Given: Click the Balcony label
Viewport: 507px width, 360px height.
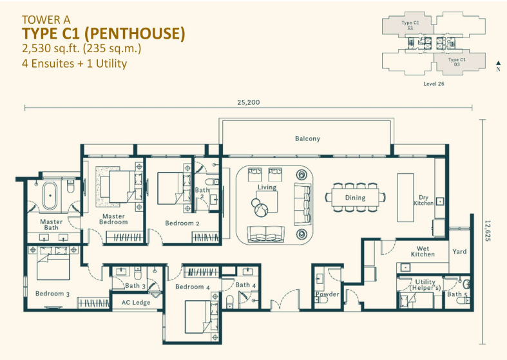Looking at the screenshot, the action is tap(307, 138).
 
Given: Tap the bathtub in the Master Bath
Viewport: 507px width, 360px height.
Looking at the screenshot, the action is tap(50, 196).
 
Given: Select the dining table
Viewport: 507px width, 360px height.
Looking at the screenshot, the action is tap(355, 198).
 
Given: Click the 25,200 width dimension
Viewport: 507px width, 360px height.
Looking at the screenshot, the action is tap(248, 102).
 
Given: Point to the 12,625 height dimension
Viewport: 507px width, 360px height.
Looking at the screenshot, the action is tap(488, 231).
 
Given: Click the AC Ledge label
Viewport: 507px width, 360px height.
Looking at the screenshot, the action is tap(136, 303).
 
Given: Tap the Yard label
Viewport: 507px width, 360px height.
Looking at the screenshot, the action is tap(459, 251).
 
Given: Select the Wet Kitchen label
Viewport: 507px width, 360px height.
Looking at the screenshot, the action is tap(423, 251).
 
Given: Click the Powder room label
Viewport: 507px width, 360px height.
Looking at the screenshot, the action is tap(327, 294).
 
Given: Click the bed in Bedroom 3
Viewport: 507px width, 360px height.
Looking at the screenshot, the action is tap(53, 263).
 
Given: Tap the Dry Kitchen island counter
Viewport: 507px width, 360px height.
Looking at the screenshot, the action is tap(405, 198).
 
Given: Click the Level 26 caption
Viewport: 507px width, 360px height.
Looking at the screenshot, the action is tap(434, 84).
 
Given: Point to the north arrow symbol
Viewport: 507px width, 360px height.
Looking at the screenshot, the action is tap(498, 63).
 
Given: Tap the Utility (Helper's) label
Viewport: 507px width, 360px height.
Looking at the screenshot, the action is tap(425, 285).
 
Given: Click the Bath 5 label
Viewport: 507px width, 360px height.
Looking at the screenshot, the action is tap(457, 294).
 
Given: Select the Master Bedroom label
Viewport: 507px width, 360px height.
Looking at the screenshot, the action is tap(113, 219).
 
